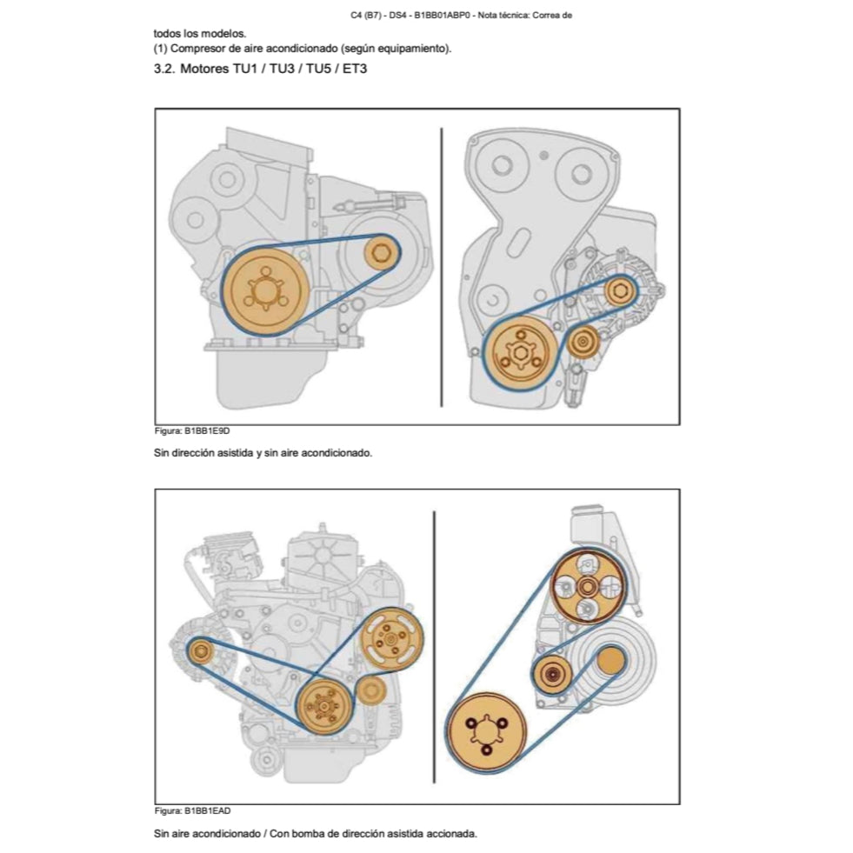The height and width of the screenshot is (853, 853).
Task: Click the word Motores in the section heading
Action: click(204, 69)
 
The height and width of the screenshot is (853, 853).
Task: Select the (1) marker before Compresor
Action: click(160, 48)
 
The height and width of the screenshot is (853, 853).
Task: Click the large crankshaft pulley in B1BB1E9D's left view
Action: click(263, 290)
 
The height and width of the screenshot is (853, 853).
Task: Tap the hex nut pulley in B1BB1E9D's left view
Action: click(379, 254)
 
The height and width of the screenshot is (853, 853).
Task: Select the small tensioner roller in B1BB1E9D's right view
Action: click(581, 343)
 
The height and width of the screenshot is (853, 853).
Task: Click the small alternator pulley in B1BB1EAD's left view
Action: click(202, 651)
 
